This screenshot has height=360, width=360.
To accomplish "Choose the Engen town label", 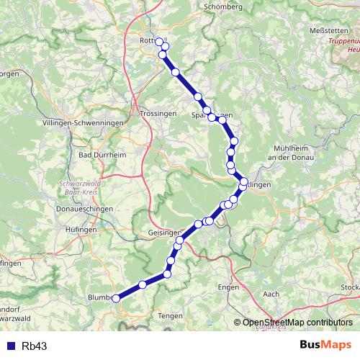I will pyautogui.click(x=228, y=287).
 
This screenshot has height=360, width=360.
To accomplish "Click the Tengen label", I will pyautogui.click(x=171, y=315).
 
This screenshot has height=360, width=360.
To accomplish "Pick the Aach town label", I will pyautogui.click(x=271, y=294).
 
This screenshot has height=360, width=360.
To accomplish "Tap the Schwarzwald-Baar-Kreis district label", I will pyautogui.click(x=78, y=188).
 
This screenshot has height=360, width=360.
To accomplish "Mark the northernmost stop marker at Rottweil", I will pyautogui.click(x=160, y=42).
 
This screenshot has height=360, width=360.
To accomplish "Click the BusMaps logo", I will pyautogui.click(x=325, y=345).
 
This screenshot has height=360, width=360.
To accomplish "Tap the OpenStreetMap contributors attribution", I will pyautogui.click(x=295, y=323).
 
